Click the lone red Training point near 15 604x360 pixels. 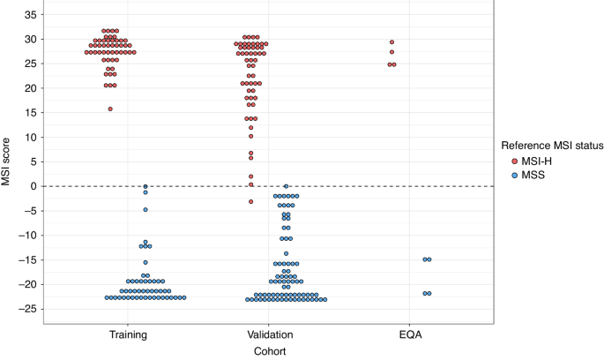[x=110, y=109]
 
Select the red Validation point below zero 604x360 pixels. [x=250, y=201]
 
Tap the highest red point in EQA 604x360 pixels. [x=391, y=42]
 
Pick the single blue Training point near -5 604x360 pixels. [x=145, y=210]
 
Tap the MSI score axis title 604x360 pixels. [x=7, y=162]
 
